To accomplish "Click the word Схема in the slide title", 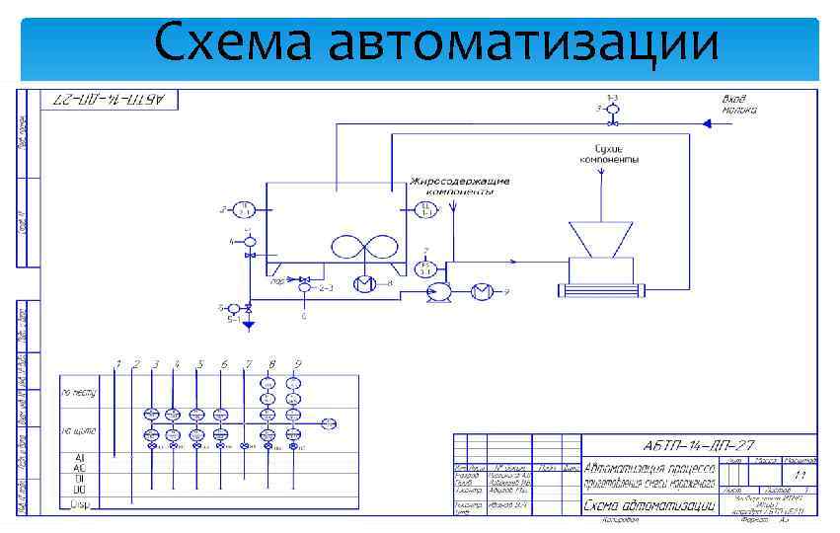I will tap(233, 44).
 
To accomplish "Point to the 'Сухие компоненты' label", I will tap(608, 153).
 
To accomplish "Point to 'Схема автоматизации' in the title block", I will tap(649, 505).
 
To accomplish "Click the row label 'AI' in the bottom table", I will tap(80, 459).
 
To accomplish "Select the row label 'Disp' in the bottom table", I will tap(80, 503).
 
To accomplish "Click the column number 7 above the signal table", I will tap(248, 365).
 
